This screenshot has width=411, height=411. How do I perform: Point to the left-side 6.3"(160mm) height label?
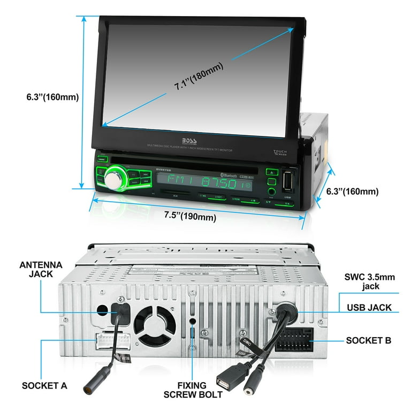pyautogui.click(x=52, y=97)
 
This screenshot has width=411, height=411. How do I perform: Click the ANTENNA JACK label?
pyautogui.click(x=41, y=270)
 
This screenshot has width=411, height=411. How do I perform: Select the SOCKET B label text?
pyautogui.click(x=369, y=340)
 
